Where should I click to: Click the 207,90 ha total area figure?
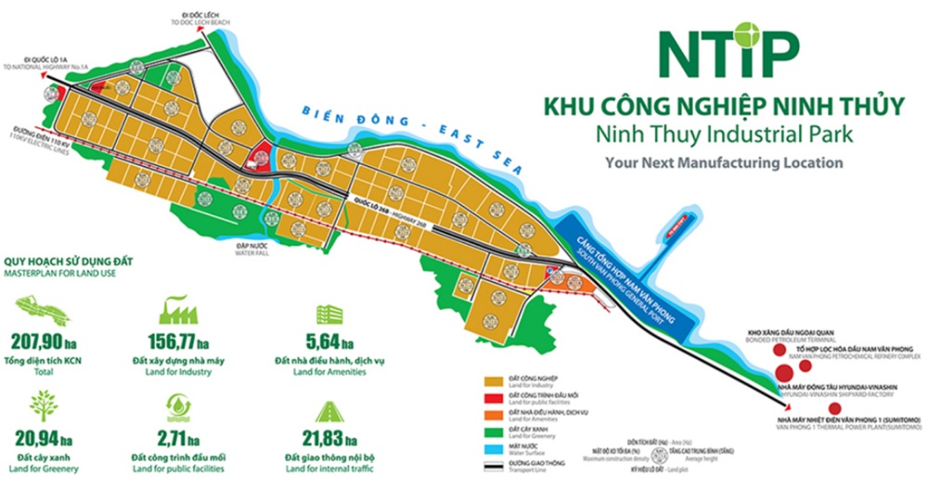coord(45,336)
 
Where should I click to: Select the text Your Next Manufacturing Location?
coord(723,162)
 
